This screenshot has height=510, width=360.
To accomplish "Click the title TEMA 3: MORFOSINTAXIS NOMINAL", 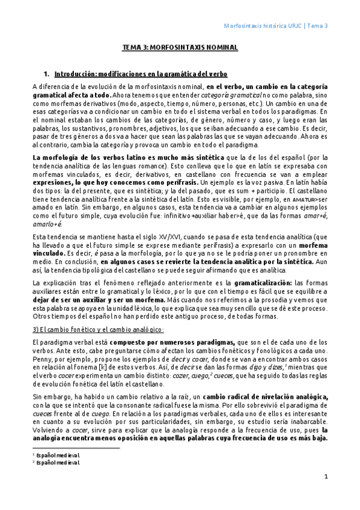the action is click(x=180, y=47).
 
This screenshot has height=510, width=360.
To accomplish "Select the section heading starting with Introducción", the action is click(x=141, y=74).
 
